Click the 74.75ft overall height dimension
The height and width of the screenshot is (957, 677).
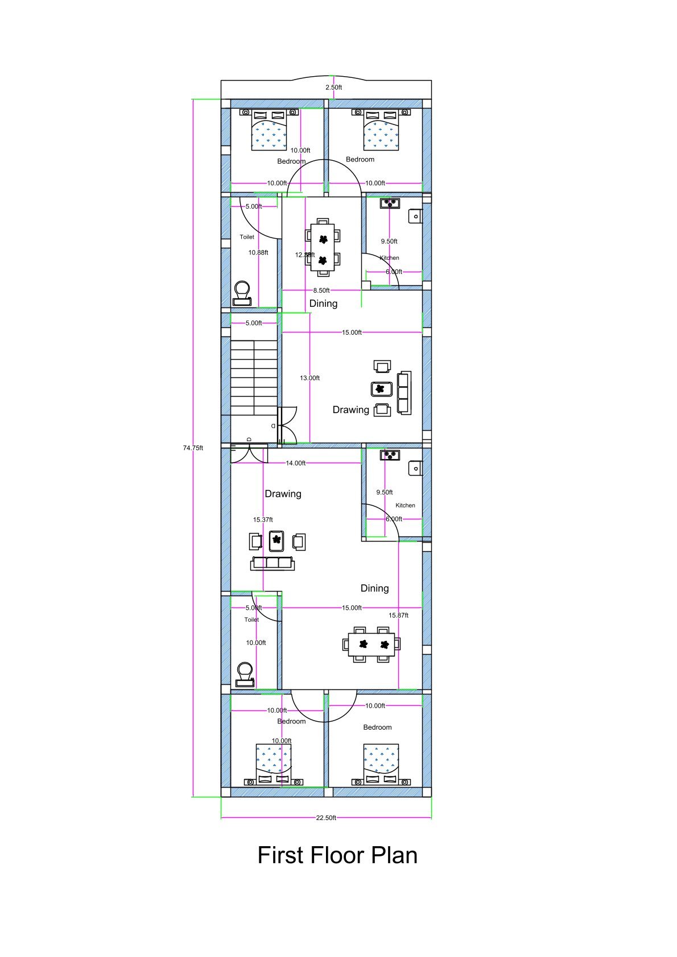coord(193,448)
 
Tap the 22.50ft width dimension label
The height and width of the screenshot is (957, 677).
coord(326,818)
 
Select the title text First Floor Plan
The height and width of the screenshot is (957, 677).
coord(337,855)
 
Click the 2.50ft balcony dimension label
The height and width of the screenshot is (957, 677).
coord(334,88)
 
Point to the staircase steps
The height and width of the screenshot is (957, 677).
coord(254,378)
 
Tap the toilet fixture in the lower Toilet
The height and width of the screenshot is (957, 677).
coord(245,672)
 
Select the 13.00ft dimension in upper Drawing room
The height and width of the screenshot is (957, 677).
coord(309,378)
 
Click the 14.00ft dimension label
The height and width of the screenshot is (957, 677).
coord(295,463)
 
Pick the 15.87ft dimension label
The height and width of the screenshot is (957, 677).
coord(398,615)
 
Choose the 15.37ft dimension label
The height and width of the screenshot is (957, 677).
coord(263,519)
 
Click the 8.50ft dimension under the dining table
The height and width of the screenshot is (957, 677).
coord(321,290)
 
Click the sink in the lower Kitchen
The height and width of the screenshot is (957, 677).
coord(415,468)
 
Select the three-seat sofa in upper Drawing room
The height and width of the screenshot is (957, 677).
coord(404,393)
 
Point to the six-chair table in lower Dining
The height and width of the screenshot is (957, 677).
coord(371,644)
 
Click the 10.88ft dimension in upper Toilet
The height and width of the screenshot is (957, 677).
coord(258,252)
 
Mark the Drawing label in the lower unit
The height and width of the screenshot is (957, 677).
coord(283,494)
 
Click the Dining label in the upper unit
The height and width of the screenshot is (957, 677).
coord(323,303)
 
